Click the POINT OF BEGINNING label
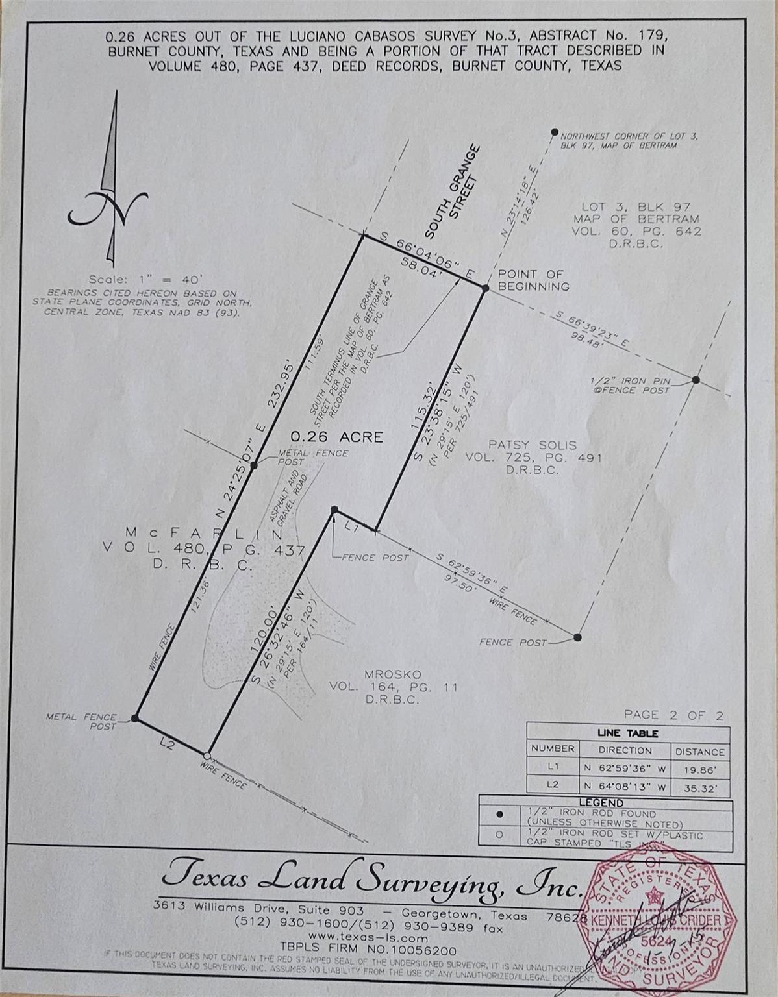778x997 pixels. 533,280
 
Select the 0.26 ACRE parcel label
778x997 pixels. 336,437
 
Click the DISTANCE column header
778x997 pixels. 699,752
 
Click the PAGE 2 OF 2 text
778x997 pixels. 673,715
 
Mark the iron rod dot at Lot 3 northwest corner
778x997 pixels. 554,132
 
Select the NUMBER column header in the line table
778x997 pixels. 552,748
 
